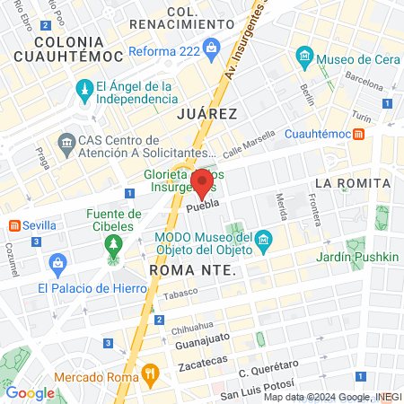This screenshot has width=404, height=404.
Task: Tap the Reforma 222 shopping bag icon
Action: click(211, 47)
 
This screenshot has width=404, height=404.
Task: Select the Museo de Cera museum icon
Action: click(305, 59)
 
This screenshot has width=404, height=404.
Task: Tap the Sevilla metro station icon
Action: click(14, 224)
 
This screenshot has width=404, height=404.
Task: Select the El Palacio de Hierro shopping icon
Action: click(59, 265)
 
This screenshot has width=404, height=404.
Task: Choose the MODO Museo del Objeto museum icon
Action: click(263, 240)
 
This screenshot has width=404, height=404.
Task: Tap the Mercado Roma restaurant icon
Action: click(150, 371)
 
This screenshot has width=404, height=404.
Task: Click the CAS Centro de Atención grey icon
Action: click(66, 143)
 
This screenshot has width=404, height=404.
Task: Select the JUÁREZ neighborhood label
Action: click(206, 114)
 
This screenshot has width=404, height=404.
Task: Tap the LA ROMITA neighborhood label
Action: click(352, 183)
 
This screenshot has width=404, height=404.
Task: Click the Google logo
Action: click(30, 392)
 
